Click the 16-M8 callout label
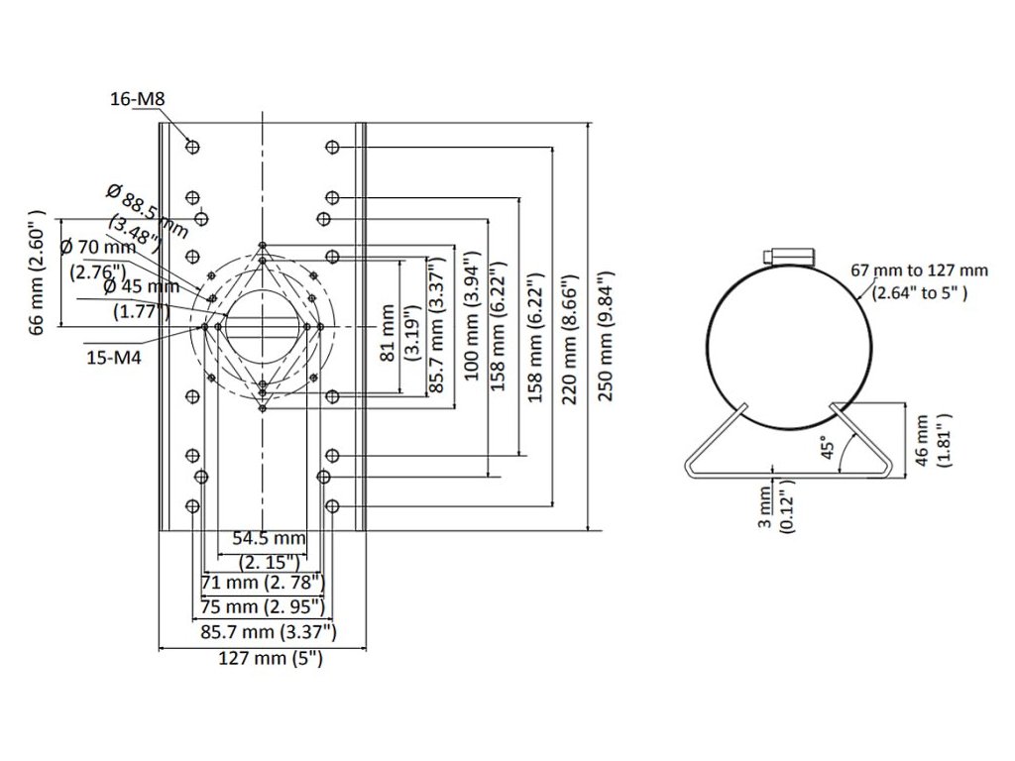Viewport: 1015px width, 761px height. click(138, 99)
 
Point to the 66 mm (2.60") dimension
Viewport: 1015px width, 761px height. click(38, 272)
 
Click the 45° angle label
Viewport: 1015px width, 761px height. click(828, 445)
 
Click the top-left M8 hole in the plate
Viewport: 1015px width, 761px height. click(192, 147)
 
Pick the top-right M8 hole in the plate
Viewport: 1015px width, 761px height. click(332, 147)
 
